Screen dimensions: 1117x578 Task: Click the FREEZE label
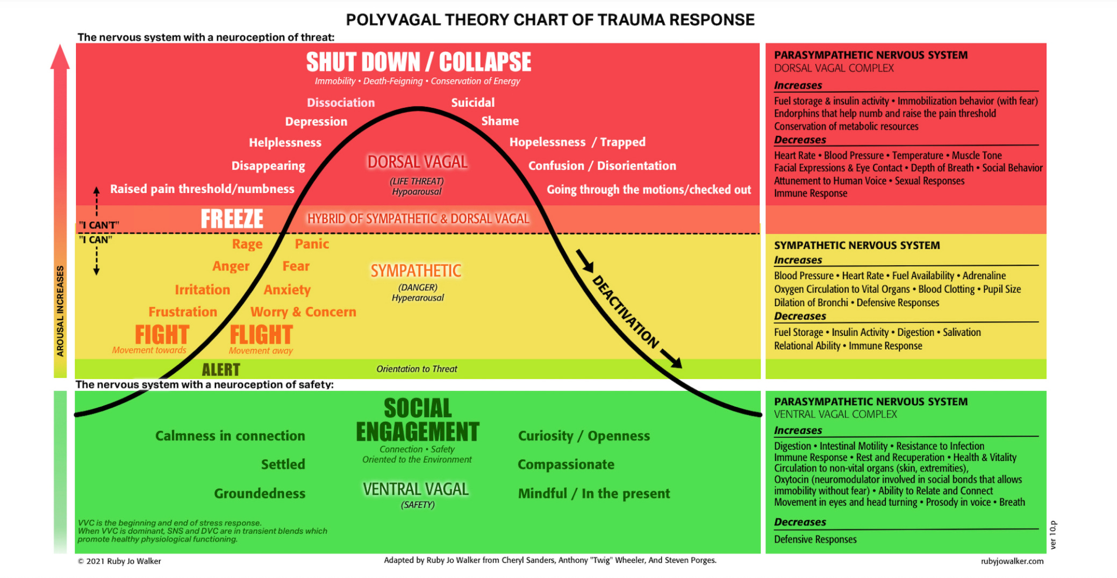click(232, 219)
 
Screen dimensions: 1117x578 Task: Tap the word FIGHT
click(162, 335)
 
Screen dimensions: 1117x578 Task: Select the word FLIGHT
click(261, 335)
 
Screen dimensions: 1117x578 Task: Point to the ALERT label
click(221, 370)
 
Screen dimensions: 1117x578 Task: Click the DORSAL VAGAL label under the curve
click(418, 162)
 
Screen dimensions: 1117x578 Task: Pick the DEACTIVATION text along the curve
click(625, 312)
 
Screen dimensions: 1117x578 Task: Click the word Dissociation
click(341, 103)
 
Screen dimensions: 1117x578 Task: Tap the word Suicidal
click(472, 103)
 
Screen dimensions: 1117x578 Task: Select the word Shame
click(500, 121)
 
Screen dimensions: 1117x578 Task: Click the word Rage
click(247, 244)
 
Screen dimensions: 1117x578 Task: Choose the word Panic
click(312, 244)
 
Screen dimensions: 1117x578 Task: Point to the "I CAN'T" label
click(99, 225)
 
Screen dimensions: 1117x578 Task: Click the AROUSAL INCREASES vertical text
click(60, 311)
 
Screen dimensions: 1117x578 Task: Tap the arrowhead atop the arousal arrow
click(60, 57)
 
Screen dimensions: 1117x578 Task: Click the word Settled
click(283, 464)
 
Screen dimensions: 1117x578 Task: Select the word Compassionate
click(565, 464)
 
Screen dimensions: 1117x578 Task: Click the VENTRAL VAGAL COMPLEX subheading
click(835, 414)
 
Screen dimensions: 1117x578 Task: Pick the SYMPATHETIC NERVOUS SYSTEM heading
click(857, 245)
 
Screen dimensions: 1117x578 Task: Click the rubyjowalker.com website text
click(1012, 561)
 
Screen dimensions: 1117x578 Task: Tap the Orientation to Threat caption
click(417, 369)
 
